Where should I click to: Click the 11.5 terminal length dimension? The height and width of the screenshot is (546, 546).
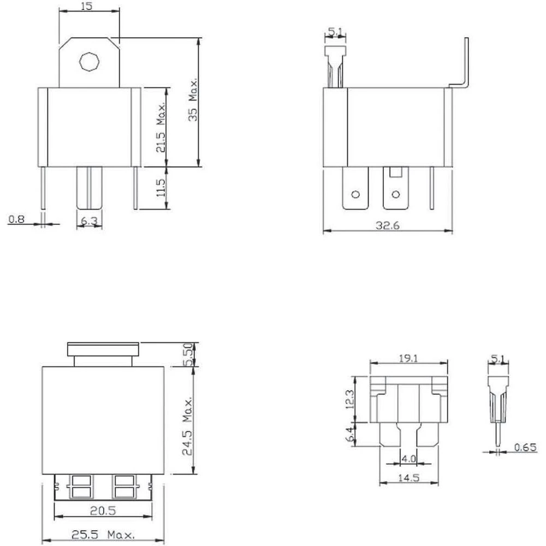pos(159,188)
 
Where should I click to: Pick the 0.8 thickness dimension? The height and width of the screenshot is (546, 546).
pos(17,219)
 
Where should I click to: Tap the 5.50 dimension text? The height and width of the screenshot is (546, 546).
pos(187,355)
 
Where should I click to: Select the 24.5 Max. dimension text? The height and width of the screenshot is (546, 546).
pos(187,426)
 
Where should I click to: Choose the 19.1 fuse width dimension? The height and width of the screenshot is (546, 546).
pos(408,359)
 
